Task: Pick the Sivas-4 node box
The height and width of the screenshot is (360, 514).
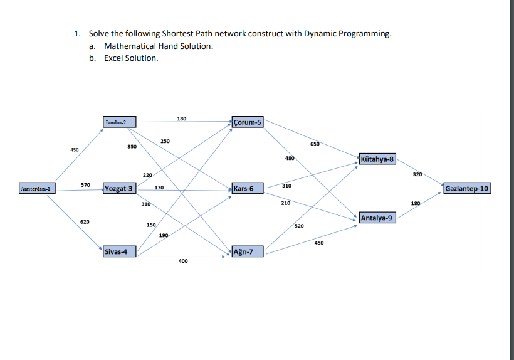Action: click(x=120, y=251)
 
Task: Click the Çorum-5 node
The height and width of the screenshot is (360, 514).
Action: click(x=248, y=122)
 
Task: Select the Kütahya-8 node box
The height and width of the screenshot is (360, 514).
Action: click(x=378, y=159)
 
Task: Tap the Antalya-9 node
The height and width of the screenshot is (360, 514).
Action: click(x=377, y=218)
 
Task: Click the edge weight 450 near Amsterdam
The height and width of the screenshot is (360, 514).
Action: click(x=75, y=149)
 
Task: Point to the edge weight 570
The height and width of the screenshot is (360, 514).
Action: click(x=85, y=184)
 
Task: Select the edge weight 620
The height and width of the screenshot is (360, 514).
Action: click(x=85, y=222)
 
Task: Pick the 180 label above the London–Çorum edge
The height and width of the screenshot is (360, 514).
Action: click(x=182, y=118)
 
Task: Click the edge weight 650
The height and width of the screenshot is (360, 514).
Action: click(x=315, y=144)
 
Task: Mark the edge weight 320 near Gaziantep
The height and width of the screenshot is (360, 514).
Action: click(x=417, y=173)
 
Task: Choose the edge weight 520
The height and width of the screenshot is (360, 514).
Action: click(x=298, y=226)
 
